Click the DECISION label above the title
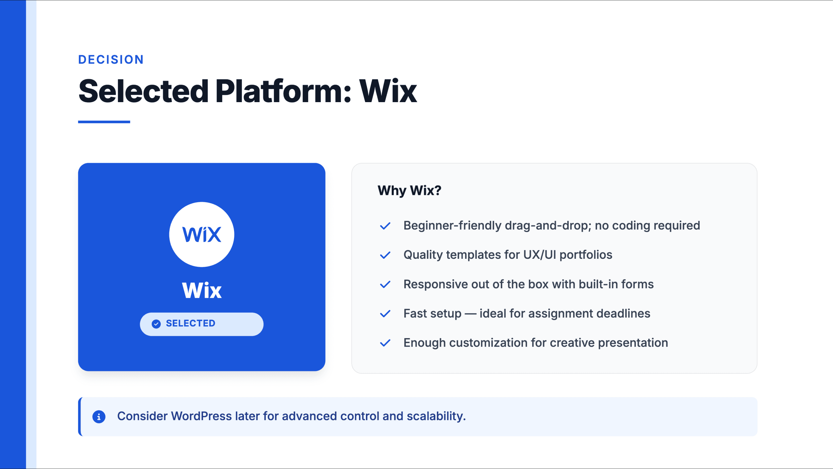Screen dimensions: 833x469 [111, 59]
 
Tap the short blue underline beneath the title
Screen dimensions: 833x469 [104, 122]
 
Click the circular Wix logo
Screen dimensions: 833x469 [202, 234]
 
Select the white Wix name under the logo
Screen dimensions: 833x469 [202, 291]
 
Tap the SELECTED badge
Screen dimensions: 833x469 [202, 324]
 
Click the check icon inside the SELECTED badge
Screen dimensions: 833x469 [156, 324]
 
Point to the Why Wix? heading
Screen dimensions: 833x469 [409, 190]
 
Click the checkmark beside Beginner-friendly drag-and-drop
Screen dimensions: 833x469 [385, 226]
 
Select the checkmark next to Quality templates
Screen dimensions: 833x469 [385, 255]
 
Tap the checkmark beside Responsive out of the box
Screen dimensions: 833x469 [385, 285]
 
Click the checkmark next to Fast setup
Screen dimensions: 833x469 [385, 314]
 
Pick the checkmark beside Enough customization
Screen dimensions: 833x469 [385, 343]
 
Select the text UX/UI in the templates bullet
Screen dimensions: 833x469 [540, 255]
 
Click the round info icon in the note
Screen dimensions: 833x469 [99, 416]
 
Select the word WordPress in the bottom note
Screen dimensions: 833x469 [201, 416]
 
